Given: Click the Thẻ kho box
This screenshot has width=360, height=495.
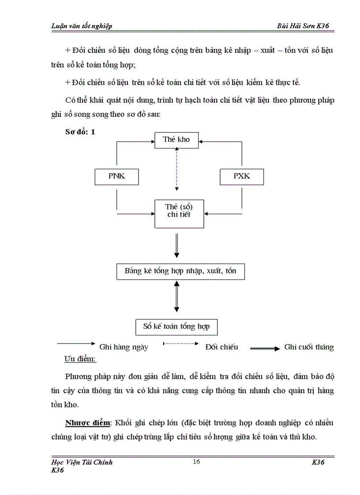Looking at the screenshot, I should tap(176, 140).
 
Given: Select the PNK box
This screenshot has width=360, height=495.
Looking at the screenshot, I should tap(116, 176).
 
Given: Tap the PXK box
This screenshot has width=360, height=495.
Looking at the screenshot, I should tap(241, 176).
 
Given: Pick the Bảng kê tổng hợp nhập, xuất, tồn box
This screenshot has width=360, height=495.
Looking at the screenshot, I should tap(180, 271).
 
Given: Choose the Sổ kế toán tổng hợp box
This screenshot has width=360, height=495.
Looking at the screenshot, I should tap(176, 327).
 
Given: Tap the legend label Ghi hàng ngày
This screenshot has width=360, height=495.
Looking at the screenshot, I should tap(124, 347).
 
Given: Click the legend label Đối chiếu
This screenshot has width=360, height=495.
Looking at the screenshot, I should tap(221, 347).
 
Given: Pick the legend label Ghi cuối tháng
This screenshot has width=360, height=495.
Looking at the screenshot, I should tap(309, 347).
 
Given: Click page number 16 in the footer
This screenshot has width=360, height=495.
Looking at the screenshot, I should tap(197, 462).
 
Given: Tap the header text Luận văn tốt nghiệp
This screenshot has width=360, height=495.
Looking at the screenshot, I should tap(82, 26).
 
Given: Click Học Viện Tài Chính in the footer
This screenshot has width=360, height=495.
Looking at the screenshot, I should tap(82, 462).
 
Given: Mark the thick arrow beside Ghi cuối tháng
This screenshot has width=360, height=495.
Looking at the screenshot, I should tap(265, 349).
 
